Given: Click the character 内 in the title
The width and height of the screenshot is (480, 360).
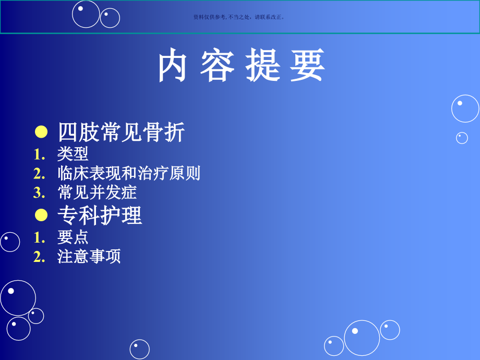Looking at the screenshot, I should point(173,66).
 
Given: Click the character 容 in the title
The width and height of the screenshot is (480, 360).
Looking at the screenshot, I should point(217,66).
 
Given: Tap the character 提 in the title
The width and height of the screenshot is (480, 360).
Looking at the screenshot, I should point(263,66).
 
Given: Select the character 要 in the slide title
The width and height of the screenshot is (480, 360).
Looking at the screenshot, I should point(308,66).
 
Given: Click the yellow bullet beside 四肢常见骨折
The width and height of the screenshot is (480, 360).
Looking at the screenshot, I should point(41,133).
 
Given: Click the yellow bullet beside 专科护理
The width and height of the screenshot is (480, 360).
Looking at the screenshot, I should point(41,215).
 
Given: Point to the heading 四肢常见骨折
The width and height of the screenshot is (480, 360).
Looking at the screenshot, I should point(121,133).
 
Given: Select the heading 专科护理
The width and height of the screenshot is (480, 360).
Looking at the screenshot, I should point(100,215).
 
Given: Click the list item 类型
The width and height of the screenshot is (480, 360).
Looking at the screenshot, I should point(73,154).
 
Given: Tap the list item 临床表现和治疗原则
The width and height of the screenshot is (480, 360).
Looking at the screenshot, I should point(129,173).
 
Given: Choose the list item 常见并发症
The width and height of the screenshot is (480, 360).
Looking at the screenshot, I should point(97,193).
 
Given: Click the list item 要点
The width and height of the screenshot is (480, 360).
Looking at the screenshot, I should point(73,237).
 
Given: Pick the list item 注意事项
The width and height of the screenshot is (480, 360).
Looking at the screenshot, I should point(89,257).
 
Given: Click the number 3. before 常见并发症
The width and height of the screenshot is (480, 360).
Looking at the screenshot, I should point(40,193).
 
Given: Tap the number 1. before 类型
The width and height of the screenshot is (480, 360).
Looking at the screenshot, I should point(40,154).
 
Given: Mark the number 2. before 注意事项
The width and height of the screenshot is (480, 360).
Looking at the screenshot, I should point(40,257).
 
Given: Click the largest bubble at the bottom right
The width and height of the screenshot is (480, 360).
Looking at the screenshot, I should point(362,338).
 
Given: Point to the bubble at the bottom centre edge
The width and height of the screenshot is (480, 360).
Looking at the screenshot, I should point(139,349).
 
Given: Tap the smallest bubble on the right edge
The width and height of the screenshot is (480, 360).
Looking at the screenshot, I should point(462,138).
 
